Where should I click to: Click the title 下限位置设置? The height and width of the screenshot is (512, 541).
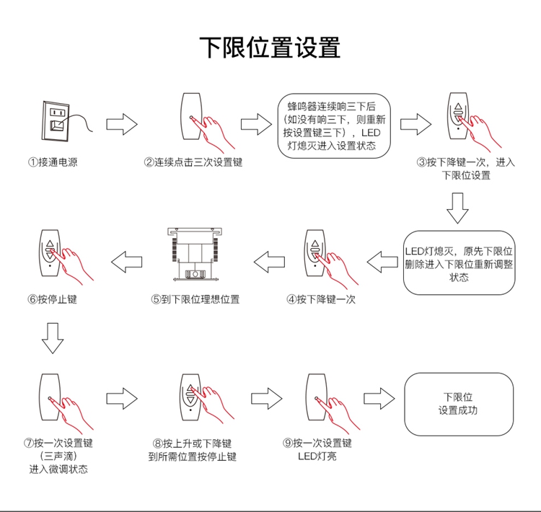coord(270,48)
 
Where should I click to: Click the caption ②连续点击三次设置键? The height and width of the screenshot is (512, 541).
coord(193,162)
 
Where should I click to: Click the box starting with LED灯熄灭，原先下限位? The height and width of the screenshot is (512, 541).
coord(459,263)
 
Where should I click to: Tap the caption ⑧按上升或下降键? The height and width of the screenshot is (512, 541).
coord(192,443)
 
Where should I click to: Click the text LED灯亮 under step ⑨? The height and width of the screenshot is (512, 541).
coord(317,456)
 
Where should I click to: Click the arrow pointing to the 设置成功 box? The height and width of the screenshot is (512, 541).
coord(379,398)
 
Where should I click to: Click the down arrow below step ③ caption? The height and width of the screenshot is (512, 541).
coord(457,209)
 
